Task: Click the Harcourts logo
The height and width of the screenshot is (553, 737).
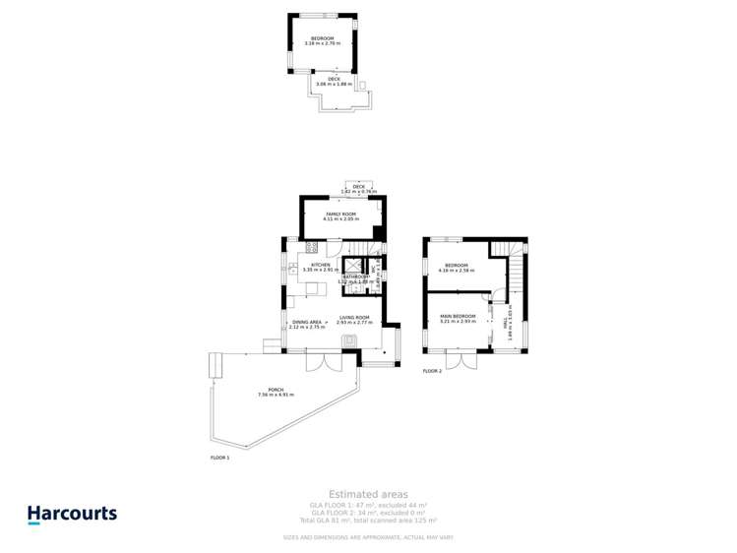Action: pyautogui.click(x=71, y=514)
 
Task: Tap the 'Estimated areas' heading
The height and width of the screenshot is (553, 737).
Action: pyautogui.click(x=368, y=494)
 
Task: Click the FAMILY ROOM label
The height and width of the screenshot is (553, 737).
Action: pyautogui.click(x=340, y=214)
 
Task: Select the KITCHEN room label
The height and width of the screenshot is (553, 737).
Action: pyautogui.click(x=321, y=265)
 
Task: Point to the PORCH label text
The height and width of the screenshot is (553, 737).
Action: pyautogui.click(x=276, y=390)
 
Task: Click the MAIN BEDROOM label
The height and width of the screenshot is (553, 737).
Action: pyautogui.click(x=459, y=316)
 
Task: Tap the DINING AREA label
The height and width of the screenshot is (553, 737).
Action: pyautogui.click(x=307, y=322)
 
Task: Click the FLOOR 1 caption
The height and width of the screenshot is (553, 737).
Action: pyautogui.click(x=219, y=458)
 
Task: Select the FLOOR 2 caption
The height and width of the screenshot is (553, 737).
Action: pyautogui.click(x=433, y=371)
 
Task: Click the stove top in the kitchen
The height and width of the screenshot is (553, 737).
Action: pyautogui.click(x=311, y=246)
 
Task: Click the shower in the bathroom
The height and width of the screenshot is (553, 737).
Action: pyautogui.click(x=350, y=265)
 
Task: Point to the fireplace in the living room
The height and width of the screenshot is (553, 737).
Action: pyautogui.click(x=349, y=339)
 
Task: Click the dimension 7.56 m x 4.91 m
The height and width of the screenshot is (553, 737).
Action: pyautogui.click(x=276, y=395)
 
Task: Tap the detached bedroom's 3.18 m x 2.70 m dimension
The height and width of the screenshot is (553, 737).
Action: pyautogui.click(x=323, y=43)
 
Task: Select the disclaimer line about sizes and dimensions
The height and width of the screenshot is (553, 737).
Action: pyautogui.click(x=368, y=537)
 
